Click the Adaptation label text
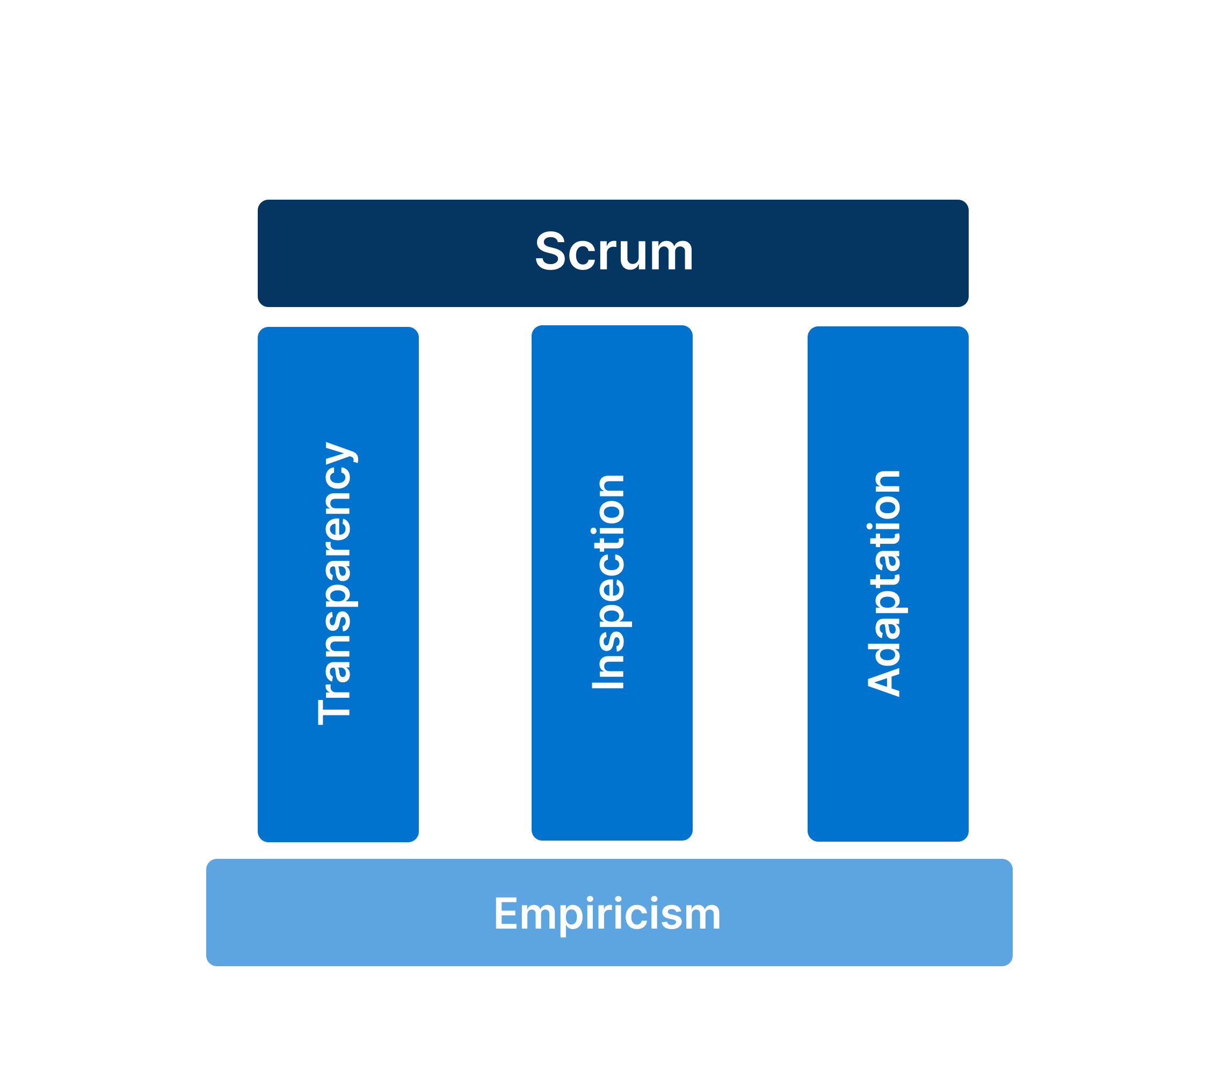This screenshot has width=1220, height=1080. [884, 583]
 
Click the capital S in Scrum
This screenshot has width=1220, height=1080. [550, 252]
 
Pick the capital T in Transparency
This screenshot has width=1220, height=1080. [334, 711]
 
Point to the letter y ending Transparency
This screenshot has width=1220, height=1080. [339, 453]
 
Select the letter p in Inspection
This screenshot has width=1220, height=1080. [612, 611]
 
